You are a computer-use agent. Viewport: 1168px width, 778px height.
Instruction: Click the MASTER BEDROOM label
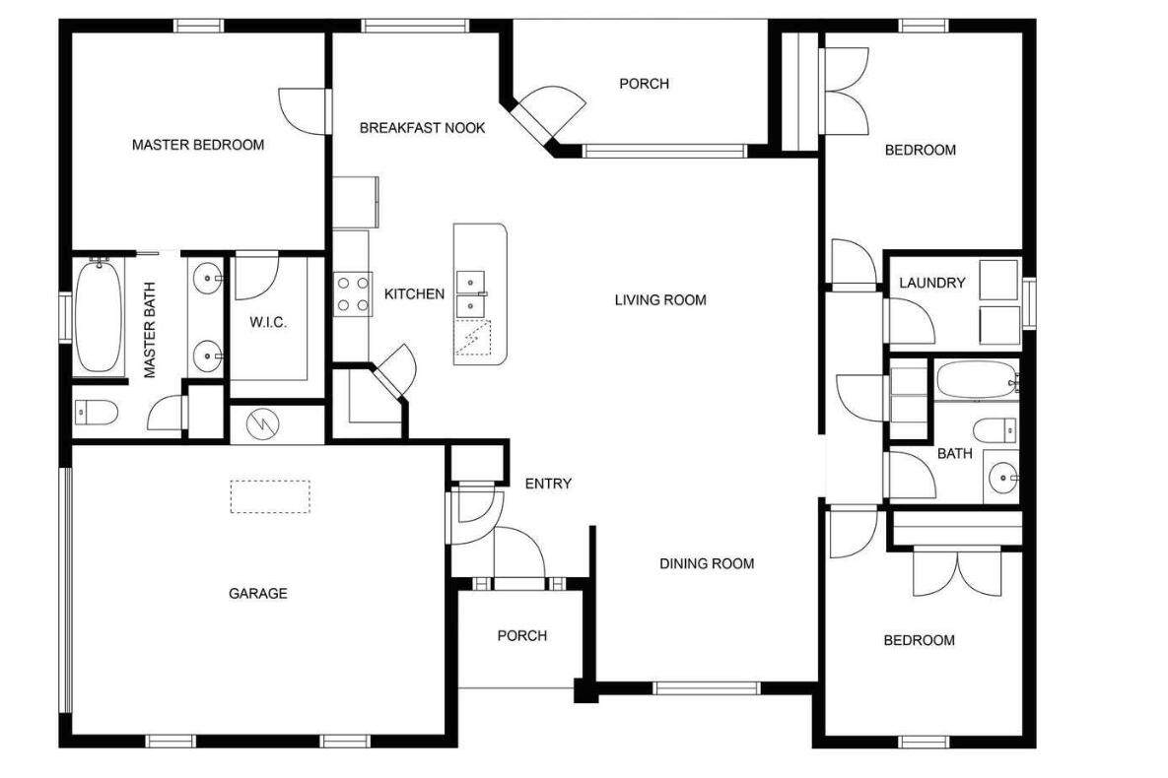(198, 145)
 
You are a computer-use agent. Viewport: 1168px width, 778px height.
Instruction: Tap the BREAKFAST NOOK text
(423, 127)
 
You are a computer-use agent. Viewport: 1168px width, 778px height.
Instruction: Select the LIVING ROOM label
(660, 300)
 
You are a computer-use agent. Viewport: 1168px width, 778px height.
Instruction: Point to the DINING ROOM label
(707, 563)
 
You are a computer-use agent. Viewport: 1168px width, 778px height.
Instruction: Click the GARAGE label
(257, 594)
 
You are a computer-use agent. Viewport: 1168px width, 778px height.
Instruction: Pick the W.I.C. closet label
(268, 322)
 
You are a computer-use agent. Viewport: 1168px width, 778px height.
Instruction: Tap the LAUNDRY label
(931, 283)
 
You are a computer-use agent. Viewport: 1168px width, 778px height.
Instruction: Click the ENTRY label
(548, 484)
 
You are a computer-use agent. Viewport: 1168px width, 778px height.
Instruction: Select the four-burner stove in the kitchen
(352, 294)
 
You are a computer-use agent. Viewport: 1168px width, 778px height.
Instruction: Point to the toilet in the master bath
(97, 412)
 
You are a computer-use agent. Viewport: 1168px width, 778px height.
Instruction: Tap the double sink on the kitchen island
(471, 293)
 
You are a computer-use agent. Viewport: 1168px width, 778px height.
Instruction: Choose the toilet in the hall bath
(996, 430)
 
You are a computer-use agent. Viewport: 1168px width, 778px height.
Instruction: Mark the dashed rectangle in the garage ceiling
(270, 496)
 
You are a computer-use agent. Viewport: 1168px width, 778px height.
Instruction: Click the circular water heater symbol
(263, 423)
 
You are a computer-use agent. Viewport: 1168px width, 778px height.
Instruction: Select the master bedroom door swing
(305, 111)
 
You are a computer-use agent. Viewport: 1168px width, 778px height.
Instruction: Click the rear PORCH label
(645, 84)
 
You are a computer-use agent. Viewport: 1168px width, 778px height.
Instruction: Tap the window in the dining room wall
(706, 688)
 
